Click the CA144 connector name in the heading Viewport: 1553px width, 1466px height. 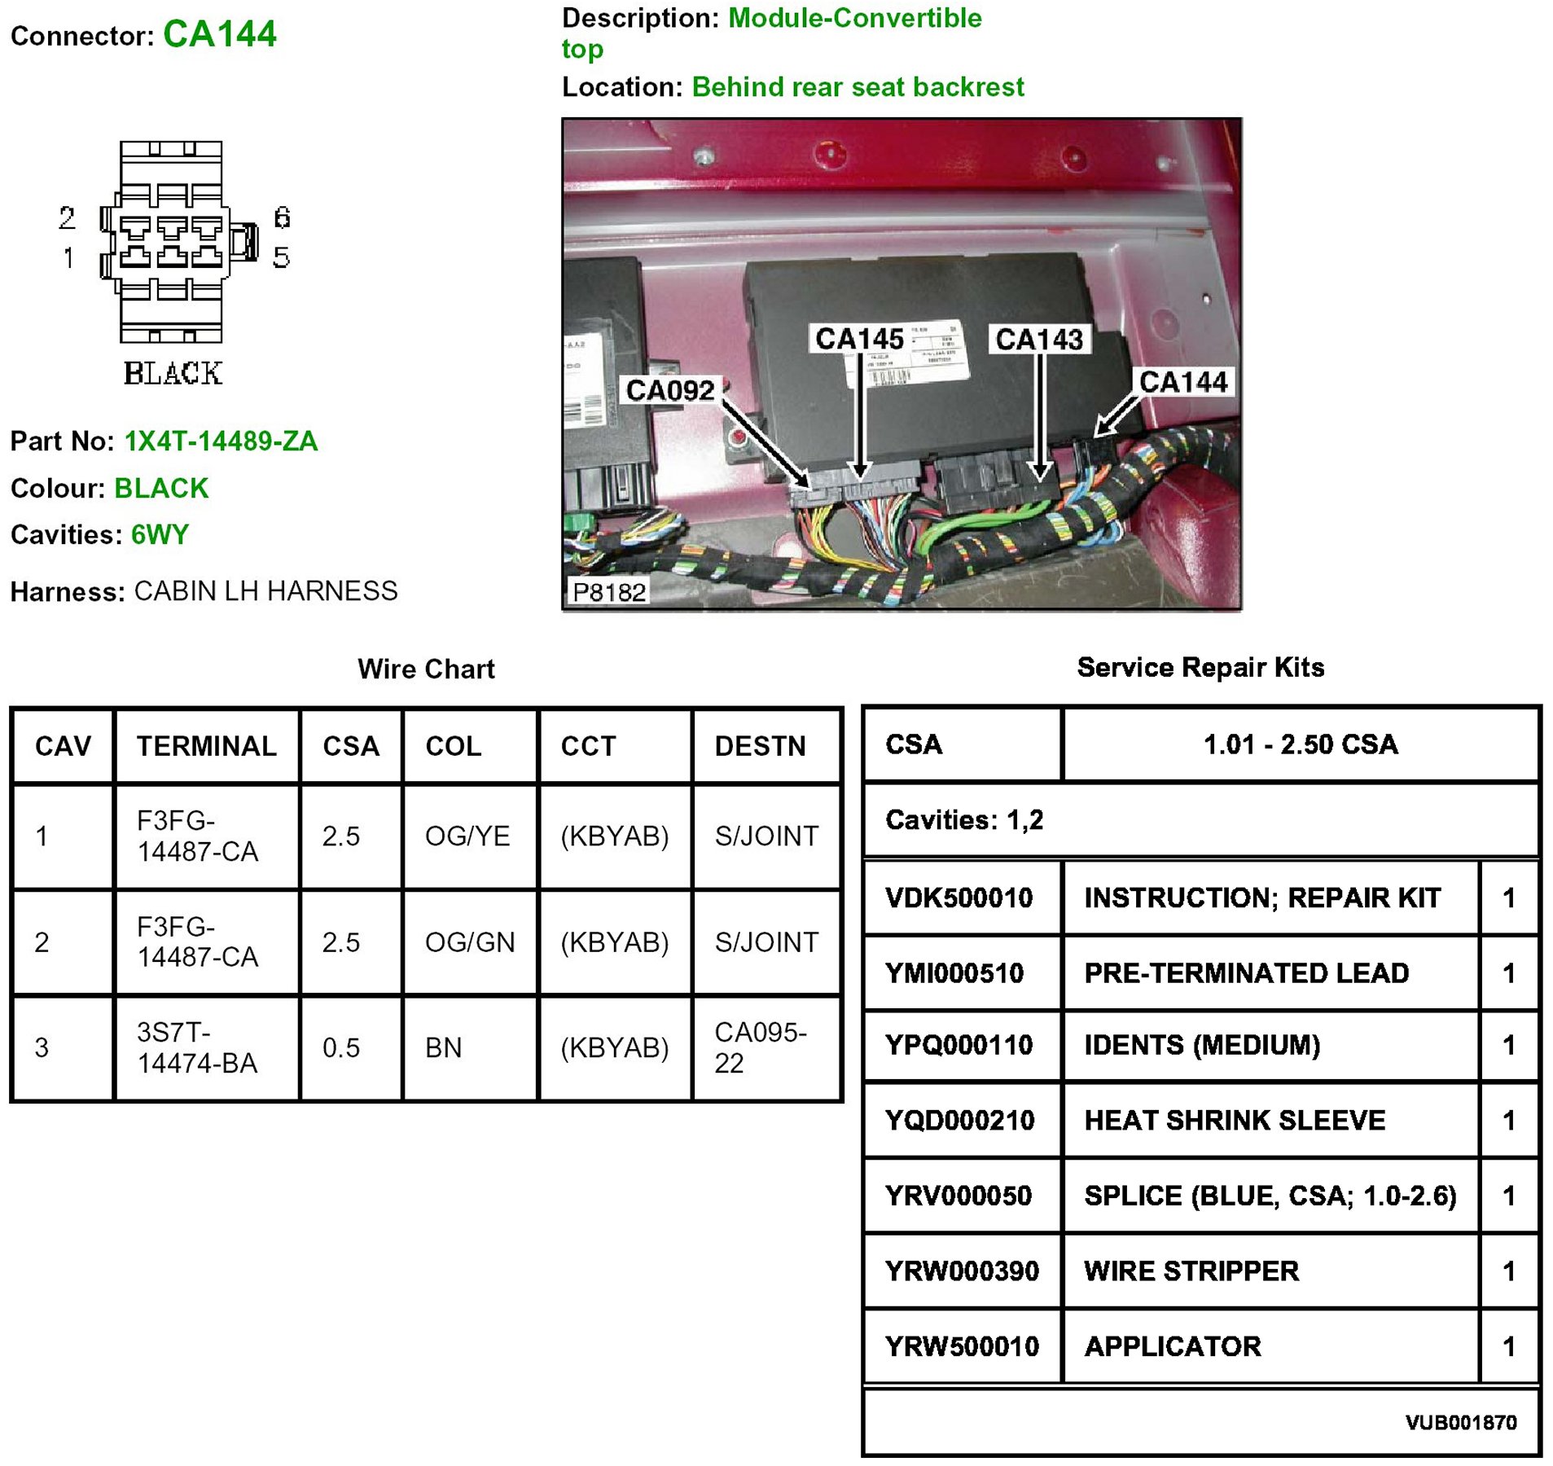tap(219, 34)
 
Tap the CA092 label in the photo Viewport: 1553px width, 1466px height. tap(669, 391)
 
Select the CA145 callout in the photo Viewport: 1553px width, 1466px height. tap(859, 339)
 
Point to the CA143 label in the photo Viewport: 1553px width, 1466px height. tap(1039, 340)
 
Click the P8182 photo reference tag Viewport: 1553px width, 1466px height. tap(608, 592)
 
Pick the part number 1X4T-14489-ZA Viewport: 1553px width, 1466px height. tap(221, 441)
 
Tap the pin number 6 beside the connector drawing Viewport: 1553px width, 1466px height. tap(282, 217)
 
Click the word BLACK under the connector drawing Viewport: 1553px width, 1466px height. tap(173, 373)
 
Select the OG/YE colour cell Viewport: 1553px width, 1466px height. tap(467, 836)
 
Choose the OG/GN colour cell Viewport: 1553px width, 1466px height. tap(470, 942)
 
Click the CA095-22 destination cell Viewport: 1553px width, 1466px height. tap(761, 1047)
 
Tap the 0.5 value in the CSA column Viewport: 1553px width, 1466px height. tap(340, 1048)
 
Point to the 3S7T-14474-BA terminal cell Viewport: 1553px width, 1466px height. tap(197, 1047)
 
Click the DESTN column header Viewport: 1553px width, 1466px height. tap(760, 746)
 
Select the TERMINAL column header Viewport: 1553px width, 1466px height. tap(206, 746)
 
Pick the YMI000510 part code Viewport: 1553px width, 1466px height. tap(954, 973)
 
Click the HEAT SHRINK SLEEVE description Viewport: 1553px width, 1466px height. tap(1234, 1121)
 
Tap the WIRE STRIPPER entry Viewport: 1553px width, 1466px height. tap(1191, 1271)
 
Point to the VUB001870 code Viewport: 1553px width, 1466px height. tap(1460, 1423)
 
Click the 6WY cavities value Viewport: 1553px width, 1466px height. tap(160, 535)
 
